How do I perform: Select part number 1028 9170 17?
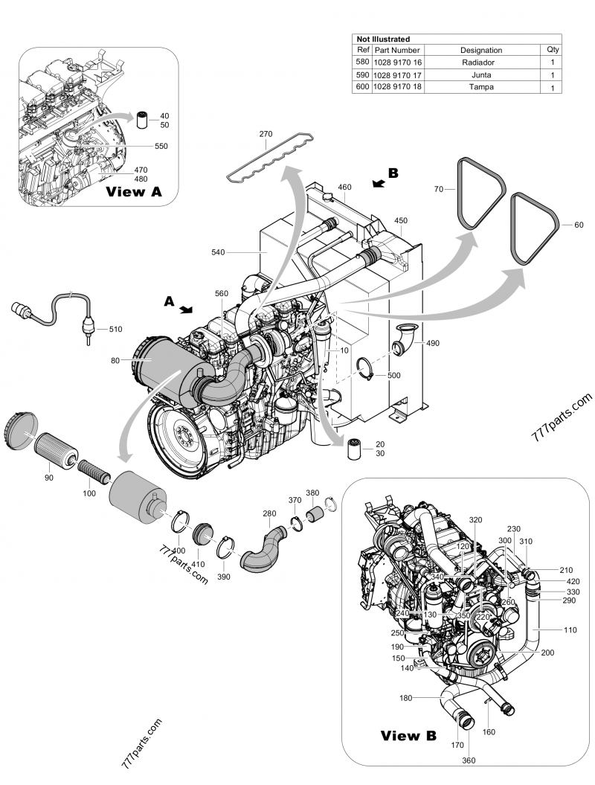396,74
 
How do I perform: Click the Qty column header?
553,50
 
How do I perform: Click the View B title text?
408,736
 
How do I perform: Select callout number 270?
266,134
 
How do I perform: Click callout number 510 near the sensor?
115,328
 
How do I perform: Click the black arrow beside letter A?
187,307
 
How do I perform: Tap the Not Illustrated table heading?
384,39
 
